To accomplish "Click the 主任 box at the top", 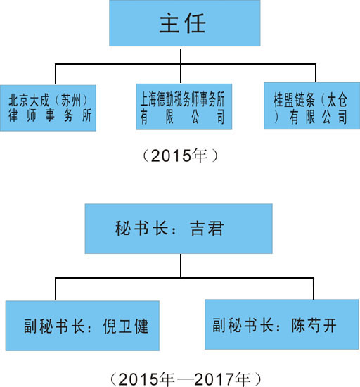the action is pyautogui.click(x=185, y=23).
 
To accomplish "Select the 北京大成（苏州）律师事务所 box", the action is pyautogui.click(x=48, y=108).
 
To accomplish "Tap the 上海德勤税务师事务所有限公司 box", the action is pyautogui.click(x=184, y=107).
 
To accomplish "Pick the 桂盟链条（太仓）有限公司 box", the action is pyautogui.click(x=312, y=106).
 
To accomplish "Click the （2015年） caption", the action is pyautogui.click(x=180, y=156).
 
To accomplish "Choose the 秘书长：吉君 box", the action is pyautogui.click(x=179, y=229).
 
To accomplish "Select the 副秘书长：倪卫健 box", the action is pyautogui.click(x=82, y=326).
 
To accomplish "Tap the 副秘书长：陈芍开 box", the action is pyautogui.click(x=281, y=324).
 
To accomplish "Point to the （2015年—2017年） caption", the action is pyautogui.click(x=185, y=379).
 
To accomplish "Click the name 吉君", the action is pyautogui.click(x=207, y=229).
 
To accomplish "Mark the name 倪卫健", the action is pyautogui.click(x=125, y=326).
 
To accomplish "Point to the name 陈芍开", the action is pyautogui.click(x=314, y=325).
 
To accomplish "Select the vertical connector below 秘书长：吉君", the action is pyautogui.click(x=181, y=266).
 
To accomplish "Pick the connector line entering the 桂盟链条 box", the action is pyautogui.click(x=316, y=73).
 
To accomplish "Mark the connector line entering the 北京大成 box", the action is pyautogui.click(x=56, y=75).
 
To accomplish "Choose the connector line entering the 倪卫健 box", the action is pyautogui.click(x=56, y=288).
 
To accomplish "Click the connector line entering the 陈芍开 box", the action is pyautogui.click(x=314, y=288).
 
